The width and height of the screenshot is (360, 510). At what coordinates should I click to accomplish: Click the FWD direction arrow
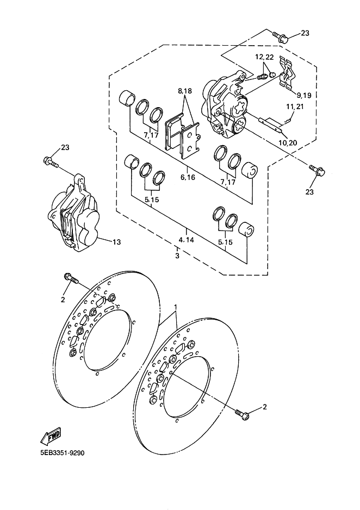coord(51,435)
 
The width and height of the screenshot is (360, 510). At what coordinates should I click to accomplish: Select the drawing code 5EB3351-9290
coord(62,453)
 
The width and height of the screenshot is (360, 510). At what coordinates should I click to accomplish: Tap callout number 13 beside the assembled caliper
coord(116,242)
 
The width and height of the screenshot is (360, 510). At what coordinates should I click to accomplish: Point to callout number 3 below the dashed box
coord(177,256)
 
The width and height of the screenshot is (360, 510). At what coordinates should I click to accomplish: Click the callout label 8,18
coord(185,91)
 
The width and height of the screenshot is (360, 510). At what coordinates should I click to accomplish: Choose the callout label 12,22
coord(264,57)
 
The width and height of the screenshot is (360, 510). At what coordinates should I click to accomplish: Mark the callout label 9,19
coord(304,95)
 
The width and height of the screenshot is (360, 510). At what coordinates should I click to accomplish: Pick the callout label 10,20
coord(288,142)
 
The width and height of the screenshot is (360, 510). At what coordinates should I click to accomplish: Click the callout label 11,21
coord(295,107)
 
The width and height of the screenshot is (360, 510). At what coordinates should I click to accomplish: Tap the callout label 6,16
coord(188,177)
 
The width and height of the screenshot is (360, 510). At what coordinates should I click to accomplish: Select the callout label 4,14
coord(186,240)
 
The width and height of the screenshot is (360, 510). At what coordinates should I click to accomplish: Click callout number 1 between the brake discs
coord(176,307)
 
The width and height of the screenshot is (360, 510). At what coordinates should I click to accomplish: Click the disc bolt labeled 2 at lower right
coord(242,413)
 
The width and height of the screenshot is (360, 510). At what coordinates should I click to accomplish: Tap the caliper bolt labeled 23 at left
coord(51,161)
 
